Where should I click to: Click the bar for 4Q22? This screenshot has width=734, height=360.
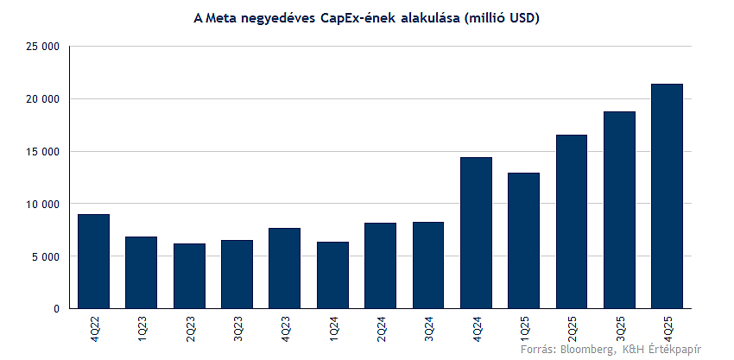point(93,261)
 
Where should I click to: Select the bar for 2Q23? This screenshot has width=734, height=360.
point(189,275)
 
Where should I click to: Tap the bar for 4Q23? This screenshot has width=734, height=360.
point(285,268)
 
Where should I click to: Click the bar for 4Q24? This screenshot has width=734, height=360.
point(476,232)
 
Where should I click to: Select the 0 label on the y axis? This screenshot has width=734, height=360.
point(56,309)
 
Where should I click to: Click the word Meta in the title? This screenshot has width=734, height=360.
point(221,17)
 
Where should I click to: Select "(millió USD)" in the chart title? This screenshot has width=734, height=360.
point(502,17)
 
